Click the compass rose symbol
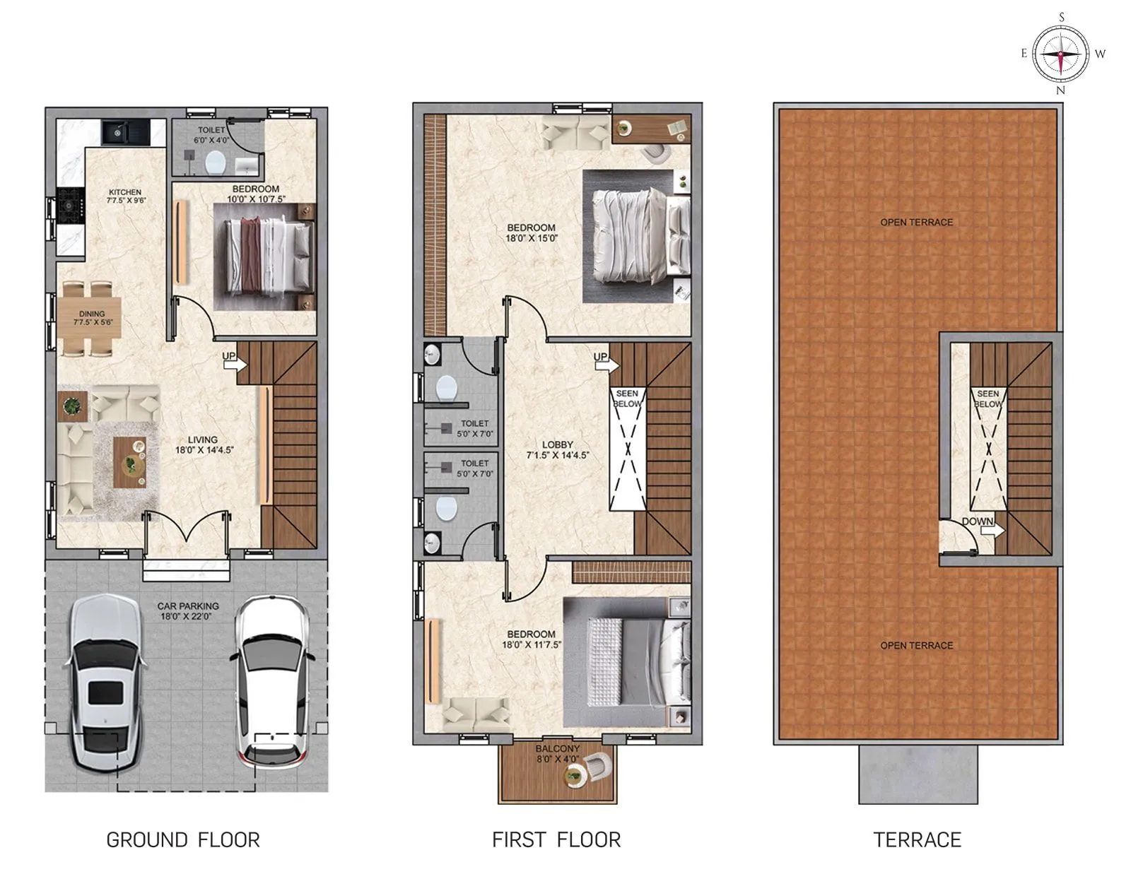[x=1060, y=54]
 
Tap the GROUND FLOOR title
[x=183, y=839]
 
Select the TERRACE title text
[x=917, y=839]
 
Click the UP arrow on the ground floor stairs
[x=234, y=361]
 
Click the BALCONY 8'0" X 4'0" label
[x=557, y=753]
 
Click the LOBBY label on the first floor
[x=557, y=449]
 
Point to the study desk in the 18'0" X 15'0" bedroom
[x=651, y=129]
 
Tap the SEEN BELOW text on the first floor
[x=627, y=399]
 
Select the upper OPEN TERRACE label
[x=916, y=222]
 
